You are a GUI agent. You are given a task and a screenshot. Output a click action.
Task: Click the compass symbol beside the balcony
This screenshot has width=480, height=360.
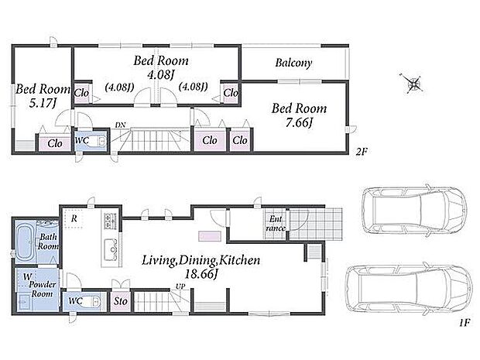coord(413,83)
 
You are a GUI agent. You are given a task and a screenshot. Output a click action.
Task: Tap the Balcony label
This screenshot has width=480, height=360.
coord(293,63)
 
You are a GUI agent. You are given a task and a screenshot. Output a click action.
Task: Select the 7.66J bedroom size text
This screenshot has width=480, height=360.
coord(299,123)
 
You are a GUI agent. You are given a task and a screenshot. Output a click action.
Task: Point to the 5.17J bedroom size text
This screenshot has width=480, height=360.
coord(43,103)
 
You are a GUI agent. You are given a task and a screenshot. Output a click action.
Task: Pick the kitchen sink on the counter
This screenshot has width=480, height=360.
coord(111,249)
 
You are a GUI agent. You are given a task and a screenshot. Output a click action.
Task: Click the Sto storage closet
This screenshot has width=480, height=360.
coord(120,301)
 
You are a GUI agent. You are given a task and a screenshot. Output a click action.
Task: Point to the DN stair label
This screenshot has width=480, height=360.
coord(120,125)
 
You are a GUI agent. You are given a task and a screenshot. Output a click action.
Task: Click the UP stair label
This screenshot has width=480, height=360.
coord(180,286)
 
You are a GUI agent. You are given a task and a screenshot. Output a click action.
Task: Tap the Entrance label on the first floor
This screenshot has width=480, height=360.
coord(276,224)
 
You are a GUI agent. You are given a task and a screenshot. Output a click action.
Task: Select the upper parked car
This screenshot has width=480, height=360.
coord(414,210)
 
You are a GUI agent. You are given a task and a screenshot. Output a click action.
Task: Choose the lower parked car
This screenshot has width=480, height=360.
coord(409,288)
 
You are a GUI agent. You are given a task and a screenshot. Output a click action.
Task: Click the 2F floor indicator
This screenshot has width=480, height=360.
coord(362,151)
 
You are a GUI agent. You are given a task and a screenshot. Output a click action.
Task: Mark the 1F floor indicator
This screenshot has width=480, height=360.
coord(464,322)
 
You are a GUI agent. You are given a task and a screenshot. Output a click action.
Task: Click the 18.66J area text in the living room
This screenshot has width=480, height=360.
coord(201,273)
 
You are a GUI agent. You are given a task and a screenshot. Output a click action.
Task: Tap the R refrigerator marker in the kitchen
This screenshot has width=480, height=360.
coord(74,218)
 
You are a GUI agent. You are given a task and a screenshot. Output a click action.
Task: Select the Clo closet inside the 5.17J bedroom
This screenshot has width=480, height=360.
coord(55,143)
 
